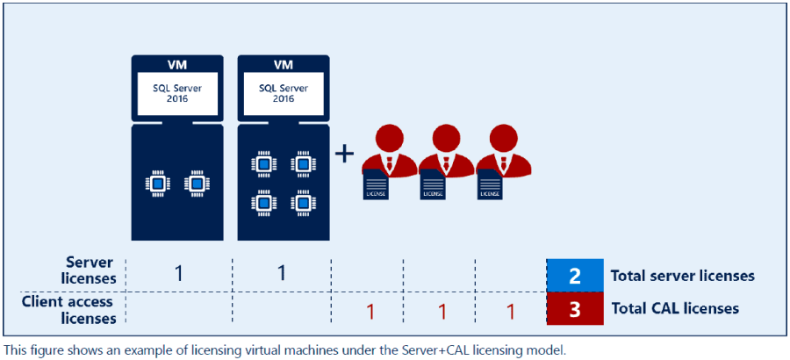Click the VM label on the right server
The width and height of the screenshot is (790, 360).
tap(282, 65)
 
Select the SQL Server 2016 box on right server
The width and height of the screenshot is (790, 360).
tap(282, 94)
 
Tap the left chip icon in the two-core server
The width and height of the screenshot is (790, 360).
tap(158, 184)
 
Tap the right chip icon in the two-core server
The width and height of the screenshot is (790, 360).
tap(196, 184)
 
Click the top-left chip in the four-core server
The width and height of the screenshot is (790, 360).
tap(262, 163)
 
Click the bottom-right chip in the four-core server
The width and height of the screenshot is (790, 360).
tap(302, 204)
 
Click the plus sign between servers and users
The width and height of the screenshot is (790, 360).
tap(345, 154)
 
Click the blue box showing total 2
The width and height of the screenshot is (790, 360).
tap(574, 276)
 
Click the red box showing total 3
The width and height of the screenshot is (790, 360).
tap(574, 308)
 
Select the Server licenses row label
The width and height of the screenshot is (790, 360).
tap(91, 270)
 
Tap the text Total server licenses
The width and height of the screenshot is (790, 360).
tap(682, 276)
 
